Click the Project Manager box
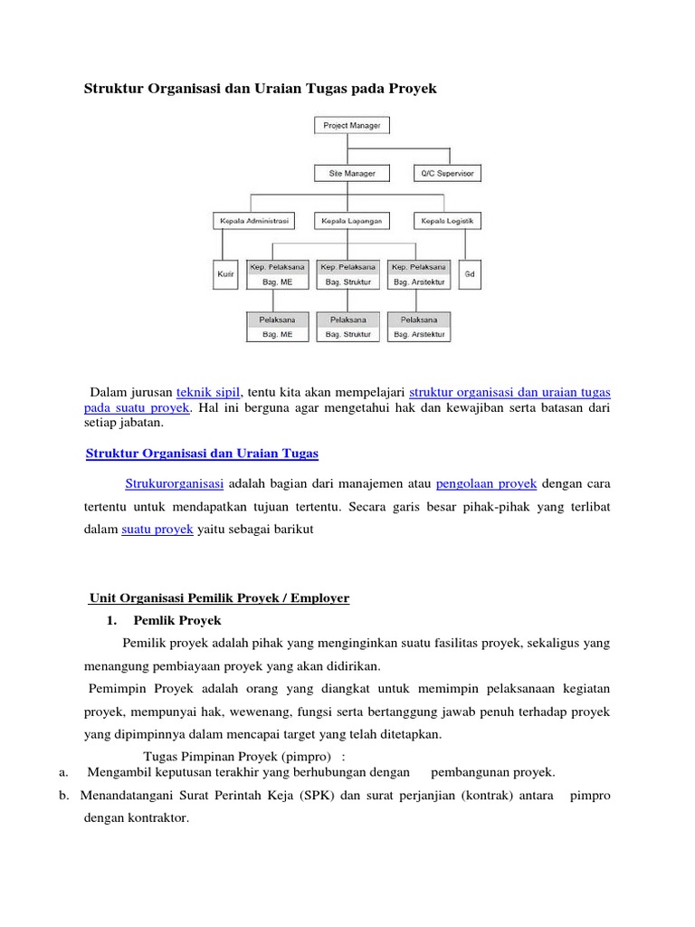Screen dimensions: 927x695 (351, 126)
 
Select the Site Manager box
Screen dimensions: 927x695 (351, 172)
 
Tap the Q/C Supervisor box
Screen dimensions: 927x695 (447, 172)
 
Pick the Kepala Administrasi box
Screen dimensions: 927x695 (252, 220)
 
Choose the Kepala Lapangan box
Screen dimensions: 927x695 (351, 220)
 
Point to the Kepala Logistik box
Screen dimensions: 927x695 (447, 220)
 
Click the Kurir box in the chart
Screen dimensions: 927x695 (225, 274)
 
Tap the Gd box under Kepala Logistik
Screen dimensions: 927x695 (470, 274)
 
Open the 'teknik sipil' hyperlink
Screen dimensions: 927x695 (208, 392)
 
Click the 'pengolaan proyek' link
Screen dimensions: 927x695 (487, 483)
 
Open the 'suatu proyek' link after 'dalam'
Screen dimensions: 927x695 (157, 530)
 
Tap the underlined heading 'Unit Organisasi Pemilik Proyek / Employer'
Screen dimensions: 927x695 (219, 597)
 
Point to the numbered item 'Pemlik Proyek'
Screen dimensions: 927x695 (176, 621)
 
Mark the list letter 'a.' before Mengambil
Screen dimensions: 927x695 (63, 772)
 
